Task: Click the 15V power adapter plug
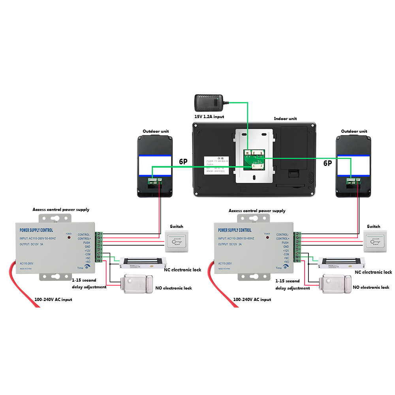tap(209, 103)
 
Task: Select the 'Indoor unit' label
tap(285, 118)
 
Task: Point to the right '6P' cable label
tap(327, 163)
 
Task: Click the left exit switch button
tap(177, 241)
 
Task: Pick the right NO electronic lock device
tap(335, 284)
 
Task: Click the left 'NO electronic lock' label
tap(173, 288)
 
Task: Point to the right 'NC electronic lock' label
tap(373, 272)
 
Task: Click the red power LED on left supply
tap(69, 238)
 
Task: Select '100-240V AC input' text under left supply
tap(53, 300)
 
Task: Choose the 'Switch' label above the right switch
tap(373, 227)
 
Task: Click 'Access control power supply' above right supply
tap(257, 211)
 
